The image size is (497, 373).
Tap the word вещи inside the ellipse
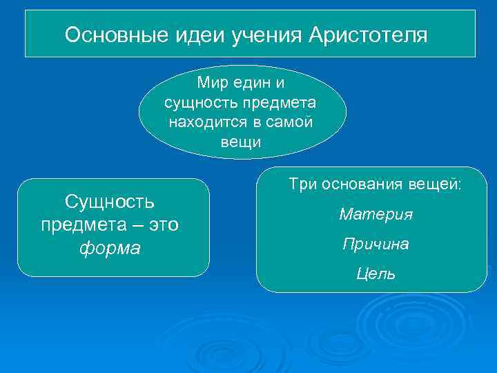pyautogui.click(x=241, y=142)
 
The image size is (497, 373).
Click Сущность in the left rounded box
pyautogui.click(x=109, y=202)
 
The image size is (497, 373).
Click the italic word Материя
pyautogui.click(x=376, y=215)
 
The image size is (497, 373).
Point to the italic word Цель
pyautogui.click(x=376, y=274)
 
